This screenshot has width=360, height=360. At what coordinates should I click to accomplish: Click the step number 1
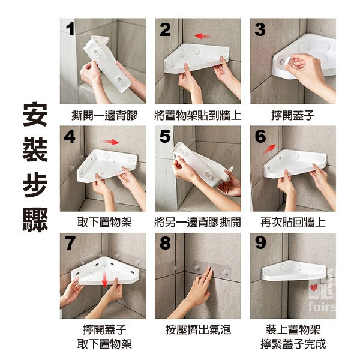pyautogui.click(x=70, y=30)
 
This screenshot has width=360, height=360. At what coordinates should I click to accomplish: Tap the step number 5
pyautogui.click(x=166, y=136)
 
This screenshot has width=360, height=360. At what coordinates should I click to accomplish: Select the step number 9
pyautogui.click(x=260, y=243)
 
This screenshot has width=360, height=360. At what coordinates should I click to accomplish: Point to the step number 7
pyautogui.click(x=70, y=243)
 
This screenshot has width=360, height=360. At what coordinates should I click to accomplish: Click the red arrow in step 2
pyautogui.click(x=202, y=36)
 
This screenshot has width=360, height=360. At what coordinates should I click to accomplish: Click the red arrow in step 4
pyautogui.click(x=110, y=142)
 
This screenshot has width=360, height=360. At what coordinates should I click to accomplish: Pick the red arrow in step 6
pyautogui.click(x=269, y=149)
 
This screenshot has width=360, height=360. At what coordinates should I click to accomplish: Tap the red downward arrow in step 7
pyautogui.click(x=104, y=278)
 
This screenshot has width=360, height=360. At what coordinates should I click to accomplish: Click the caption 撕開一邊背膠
pyautogui.click(x=104, y=115)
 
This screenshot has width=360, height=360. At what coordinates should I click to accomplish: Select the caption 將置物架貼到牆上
pyautogui.click(x=198, y=115)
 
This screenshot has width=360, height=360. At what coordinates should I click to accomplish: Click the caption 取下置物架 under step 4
pyautogui.click(x=104, y=222)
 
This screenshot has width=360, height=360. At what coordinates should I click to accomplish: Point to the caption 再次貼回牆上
pyautogui.click(x=293, y=222)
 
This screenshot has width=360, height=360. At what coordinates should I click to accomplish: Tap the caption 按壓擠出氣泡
pyautogui.click(x=198, y=329)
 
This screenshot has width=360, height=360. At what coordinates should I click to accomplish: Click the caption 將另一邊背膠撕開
pyautogui.click(x=198, y=222)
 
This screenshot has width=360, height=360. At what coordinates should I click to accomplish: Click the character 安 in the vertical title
pyautogui.click(x=35, y=114)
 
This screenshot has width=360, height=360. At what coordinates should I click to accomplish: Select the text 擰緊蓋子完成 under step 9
pyautogui.click(x=293, y=344)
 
